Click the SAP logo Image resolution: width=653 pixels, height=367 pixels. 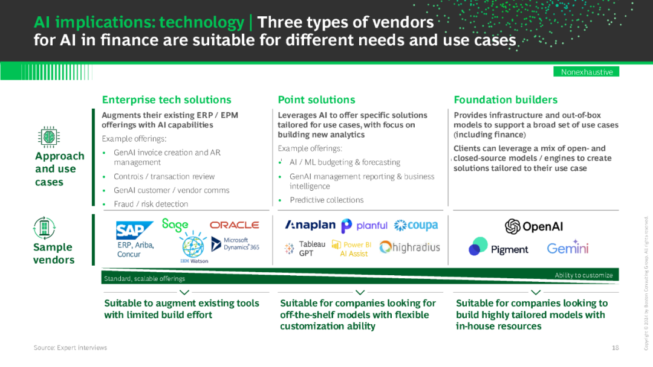[x=130, y=230]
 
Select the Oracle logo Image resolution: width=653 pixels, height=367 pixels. [x=234, y=225]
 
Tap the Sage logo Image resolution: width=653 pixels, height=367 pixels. [x=175, y=225]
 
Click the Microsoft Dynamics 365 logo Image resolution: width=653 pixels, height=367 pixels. [x=235, y=244]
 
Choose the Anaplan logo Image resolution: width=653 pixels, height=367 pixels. [x=310, y=225]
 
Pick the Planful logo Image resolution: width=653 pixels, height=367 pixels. [x=364, y=226]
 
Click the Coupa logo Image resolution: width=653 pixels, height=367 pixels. [x=415, y=226]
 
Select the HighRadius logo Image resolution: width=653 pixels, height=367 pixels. [x=409, y=247]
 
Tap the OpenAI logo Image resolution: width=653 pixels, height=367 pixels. [x=534, y=226]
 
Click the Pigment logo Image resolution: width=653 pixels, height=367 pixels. [x=499, y=247]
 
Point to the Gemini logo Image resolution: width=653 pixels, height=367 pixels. [x=568, y=247]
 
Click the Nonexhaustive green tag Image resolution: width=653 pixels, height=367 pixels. [x=586, y=72]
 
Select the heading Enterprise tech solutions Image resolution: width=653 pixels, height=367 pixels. [x=166, y=100]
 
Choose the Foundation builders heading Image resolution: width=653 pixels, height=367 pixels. [x=505, y=100]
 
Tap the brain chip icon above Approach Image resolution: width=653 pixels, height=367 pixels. [x=48, y=136]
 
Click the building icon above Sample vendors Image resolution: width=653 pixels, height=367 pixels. [x=45, y=228]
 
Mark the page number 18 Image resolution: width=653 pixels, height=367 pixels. [x=615, y=348]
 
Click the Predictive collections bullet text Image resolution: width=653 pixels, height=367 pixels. [x=326, y=200]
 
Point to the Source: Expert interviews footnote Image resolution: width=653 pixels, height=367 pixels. [x=70, y=348]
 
